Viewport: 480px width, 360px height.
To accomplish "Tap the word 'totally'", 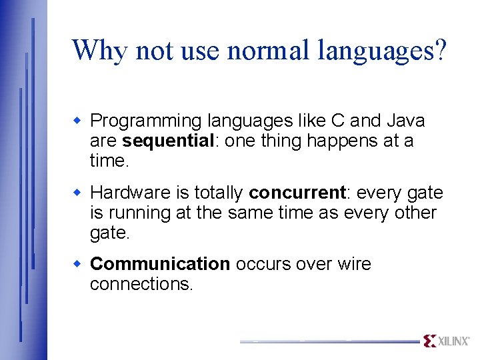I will tap(219, 193).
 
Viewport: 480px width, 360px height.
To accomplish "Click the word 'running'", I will tap(137, 213).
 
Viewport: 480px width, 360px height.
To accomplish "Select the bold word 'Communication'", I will tap(160, 264).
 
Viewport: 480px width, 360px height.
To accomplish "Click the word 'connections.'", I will tap(141, 284).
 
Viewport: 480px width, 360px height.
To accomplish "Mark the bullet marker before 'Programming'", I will tap(77, 121).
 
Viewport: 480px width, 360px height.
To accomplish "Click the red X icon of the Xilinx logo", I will tap(430, 341).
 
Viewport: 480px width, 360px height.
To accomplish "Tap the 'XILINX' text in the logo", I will tap(454, 341).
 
